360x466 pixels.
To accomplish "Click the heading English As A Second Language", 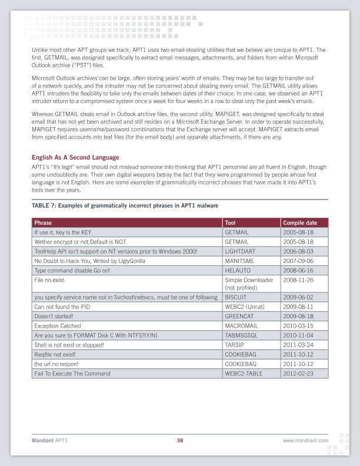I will click(x=75, y=157).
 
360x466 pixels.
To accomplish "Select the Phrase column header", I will click(x=43, y=223).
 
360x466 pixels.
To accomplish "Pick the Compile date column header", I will click(x=300, y=223).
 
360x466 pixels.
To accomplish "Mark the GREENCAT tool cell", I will click(x=239, y=317).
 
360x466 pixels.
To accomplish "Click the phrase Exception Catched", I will click(x=58, y=326).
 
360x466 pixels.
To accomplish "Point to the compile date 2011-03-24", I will click(x=299, y=345).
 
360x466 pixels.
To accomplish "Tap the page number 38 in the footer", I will click(x=180, y=440).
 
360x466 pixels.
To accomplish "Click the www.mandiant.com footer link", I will click(x=305, y=440).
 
